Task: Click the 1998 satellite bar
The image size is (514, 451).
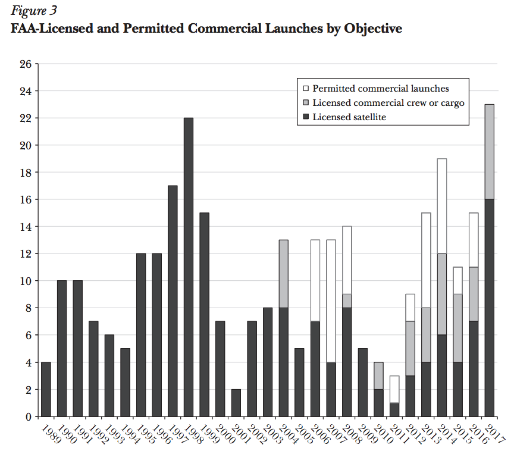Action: [x=188, y=268]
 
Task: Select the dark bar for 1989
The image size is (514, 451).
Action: [x=46, y=389]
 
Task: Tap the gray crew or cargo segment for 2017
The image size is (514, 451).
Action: [x=489, y=152]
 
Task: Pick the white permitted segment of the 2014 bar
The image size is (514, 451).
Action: [x=441, y=206]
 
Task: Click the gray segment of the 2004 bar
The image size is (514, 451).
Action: [x=283, y=274]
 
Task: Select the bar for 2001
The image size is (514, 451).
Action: [x=236, y=403]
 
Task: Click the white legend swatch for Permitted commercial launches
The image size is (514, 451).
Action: [x=305, y=89]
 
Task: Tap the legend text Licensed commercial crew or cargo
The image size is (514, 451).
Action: [x=388, y=103]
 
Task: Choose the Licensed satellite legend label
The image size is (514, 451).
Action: [x=349, y=117]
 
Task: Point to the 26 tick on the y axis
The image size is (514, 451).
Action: [x=26, y=64]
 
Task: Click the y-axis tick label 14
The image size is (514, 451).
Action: [x=26, y=227]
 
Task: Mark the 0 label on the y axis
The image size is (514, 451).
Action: [x=28, y=416]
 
